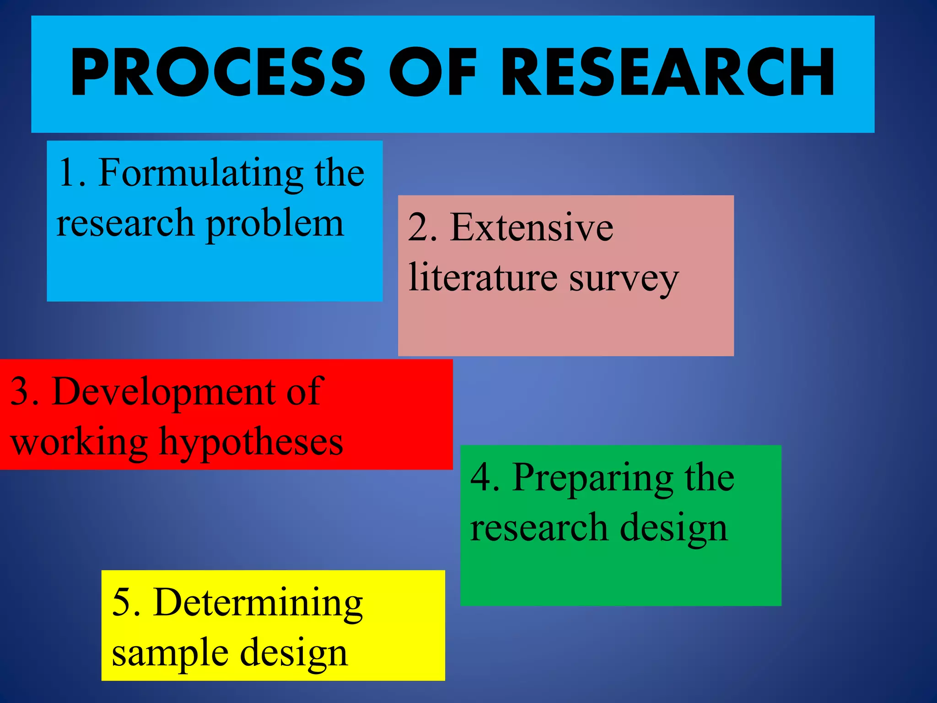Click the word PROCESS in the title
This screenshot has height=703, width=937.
[x=218, y=73]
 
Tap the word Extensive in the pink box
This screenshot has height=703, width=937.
[x=531, y=228]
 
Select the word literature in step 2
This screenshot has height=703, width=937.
[x=483, y=277]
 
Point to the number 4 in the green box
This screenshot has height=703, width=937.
[x=480, y=478]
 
